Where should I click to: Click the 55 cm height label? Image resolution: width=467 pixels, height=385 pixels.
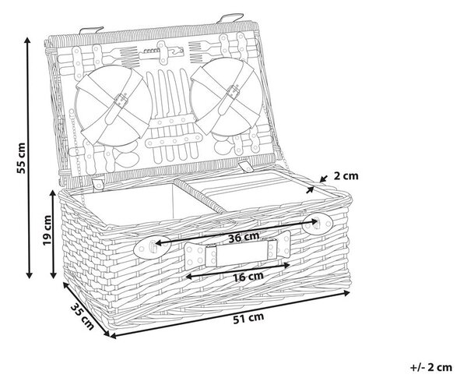point(21,158)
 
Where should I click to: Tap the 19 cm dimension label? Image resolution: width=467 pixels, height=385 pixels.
point(47,230)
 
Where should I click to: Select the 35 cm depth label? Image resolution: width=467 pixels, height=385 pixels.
point(83,316)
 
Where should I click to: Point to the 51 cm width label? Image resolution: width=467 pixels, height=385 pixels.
point(248,318)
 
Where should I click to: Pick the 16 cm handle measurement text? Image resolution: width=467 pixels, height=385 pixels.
point(248,277)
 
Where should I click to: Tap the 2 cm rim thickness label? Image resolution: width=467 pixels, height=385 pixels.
point(346,176)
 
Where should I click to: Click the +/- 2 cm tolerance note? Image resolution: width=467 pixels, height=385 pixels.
point(431,367)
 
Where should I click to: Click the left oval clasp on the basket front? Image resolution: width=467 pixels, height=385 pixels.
point(152,247)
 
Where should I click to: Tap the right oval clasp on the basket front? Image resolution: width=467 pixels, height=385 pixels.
point(318,224)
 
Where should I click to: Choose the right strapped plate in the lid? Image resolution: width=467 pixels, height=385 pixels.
point(226,95)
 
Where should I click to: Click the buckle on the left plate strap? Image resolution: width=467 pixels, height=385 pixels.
point(121,100)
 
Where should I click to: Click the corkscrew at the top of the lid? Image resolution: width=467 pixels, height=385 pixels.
point(161,52)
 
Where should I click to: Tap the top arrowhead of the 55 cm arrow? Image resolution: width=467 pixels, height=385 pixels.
point(28,41)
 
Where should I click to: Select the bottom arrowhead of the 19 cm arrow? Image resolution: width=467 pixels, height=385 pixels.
point(53,275)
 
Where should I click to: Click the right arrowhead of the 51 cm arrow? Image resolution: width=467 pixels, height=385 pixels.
point(347,293)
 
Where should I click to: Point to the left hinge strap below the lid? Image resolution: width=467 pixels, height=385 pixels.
point(98,183)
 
